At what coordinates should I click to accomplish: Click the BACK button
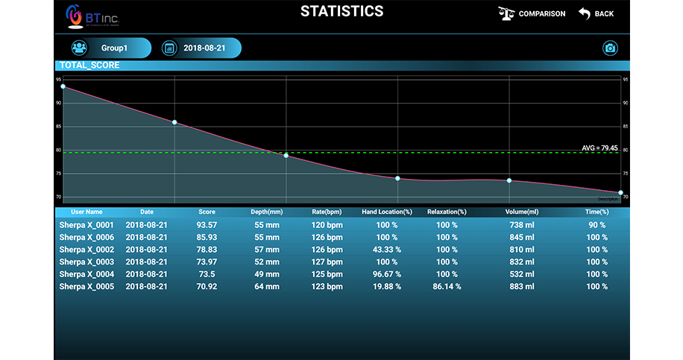[595, 13]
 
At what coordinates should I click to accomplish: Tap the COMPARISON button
[532, 13]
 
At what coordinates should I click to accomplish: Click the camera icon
[610, 48]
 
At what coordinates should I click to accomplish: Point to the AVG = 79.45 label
[599, 148]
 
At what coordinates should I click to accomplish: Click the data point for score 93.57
[63, 86]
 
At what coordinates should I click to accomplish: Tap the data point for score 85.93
[174, 122]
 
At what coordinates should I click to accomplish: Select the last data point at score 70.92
[620, 192]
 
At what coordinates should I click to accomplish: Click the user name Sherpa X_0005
[86, 286]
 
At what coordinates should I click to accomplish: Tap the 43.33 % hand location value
[387, 250]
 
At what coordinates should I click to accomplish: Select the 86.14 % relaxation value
[447, 286]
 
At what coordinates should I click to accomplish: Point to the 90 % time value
[597, 225]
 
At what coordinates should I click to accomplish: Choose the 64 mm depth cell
[266, 286]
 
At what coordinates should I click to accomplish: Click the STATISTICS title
[341, 11]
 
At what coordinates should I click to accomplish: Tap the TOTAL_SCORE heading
[89, 66]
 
